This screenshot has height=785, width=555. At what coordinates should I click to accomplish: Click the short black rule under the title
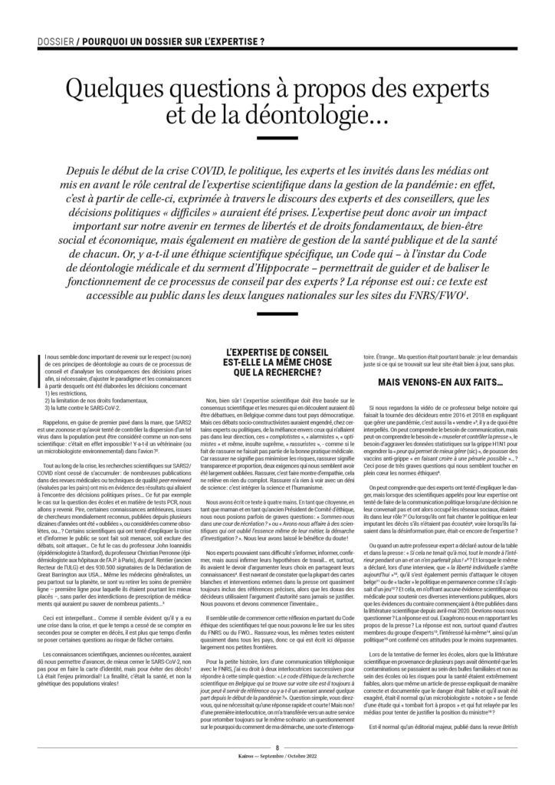pos(277,139)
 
